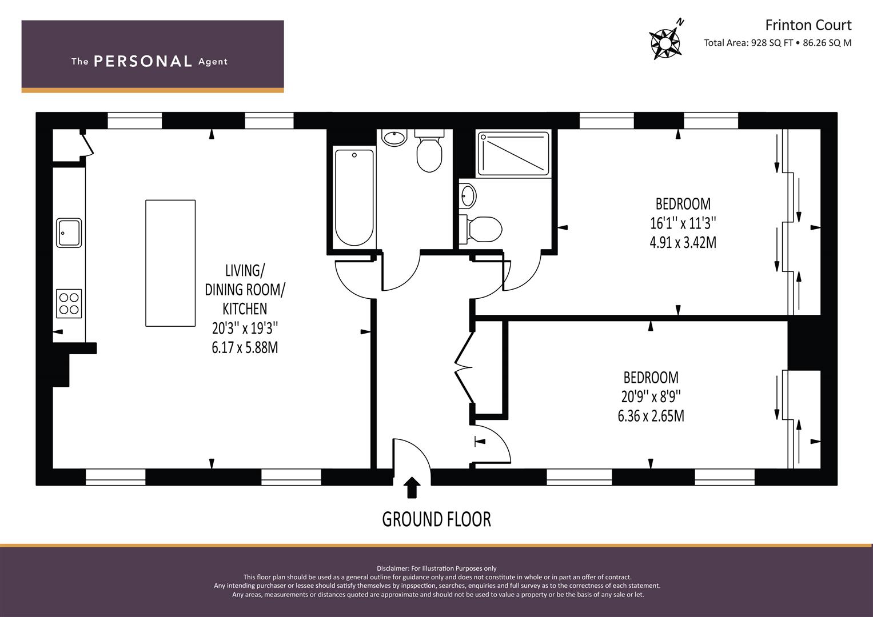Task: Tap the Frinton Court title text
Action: [808, 25]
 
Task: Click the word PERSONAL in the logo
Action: [143, 61]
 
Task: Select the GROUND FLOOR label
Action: [437, 519]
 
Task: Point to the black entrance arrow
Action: [412, 488]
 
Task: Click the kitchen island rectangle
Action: [170, 263]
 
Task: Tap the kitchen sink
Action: [69, 233]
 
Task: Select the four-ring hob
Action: [69, 303]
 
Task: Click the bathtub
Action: [354, 198]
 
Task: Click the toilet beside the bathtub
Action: [429, 151]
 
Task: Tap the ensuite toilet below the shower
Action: [481, 229]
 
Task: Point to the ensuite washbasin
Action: [468, 195]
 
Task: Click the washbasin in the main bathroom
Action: [394, 138]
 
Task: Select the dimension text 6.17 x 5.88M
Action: [245, 347]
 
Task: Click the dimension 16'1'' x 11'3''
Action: [683, 223]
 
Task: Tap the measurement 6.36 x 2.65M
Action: [651, 416]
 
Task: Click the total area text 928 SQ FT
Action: [772, 43]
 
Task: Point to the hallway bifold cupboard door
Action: [464, 367]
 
